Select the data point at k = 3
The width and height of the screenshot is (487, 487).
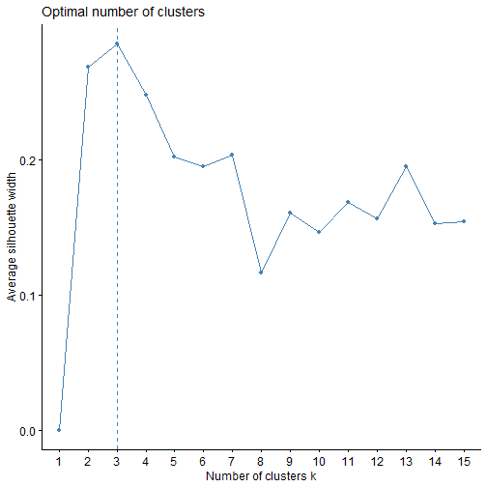click(117, 43)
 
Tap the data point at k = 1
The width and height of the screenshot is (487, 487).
click(60, 430)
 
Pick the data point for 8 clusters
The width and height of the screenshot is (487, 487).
click(261, 272)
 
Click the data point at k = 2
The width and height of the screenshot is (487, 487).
click(88, 67)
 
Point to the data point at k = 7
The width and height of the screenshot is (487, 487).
click(232, 155)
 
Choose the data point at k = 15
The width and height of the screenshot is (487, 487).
click(463, 221)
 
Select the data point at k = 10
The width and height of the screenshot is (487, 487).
click(319, 232)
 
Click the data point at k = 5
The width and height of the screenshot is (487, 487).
click(174, 157)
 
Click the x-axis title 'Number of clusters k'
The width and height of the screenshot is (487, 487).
click(261, 476)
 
